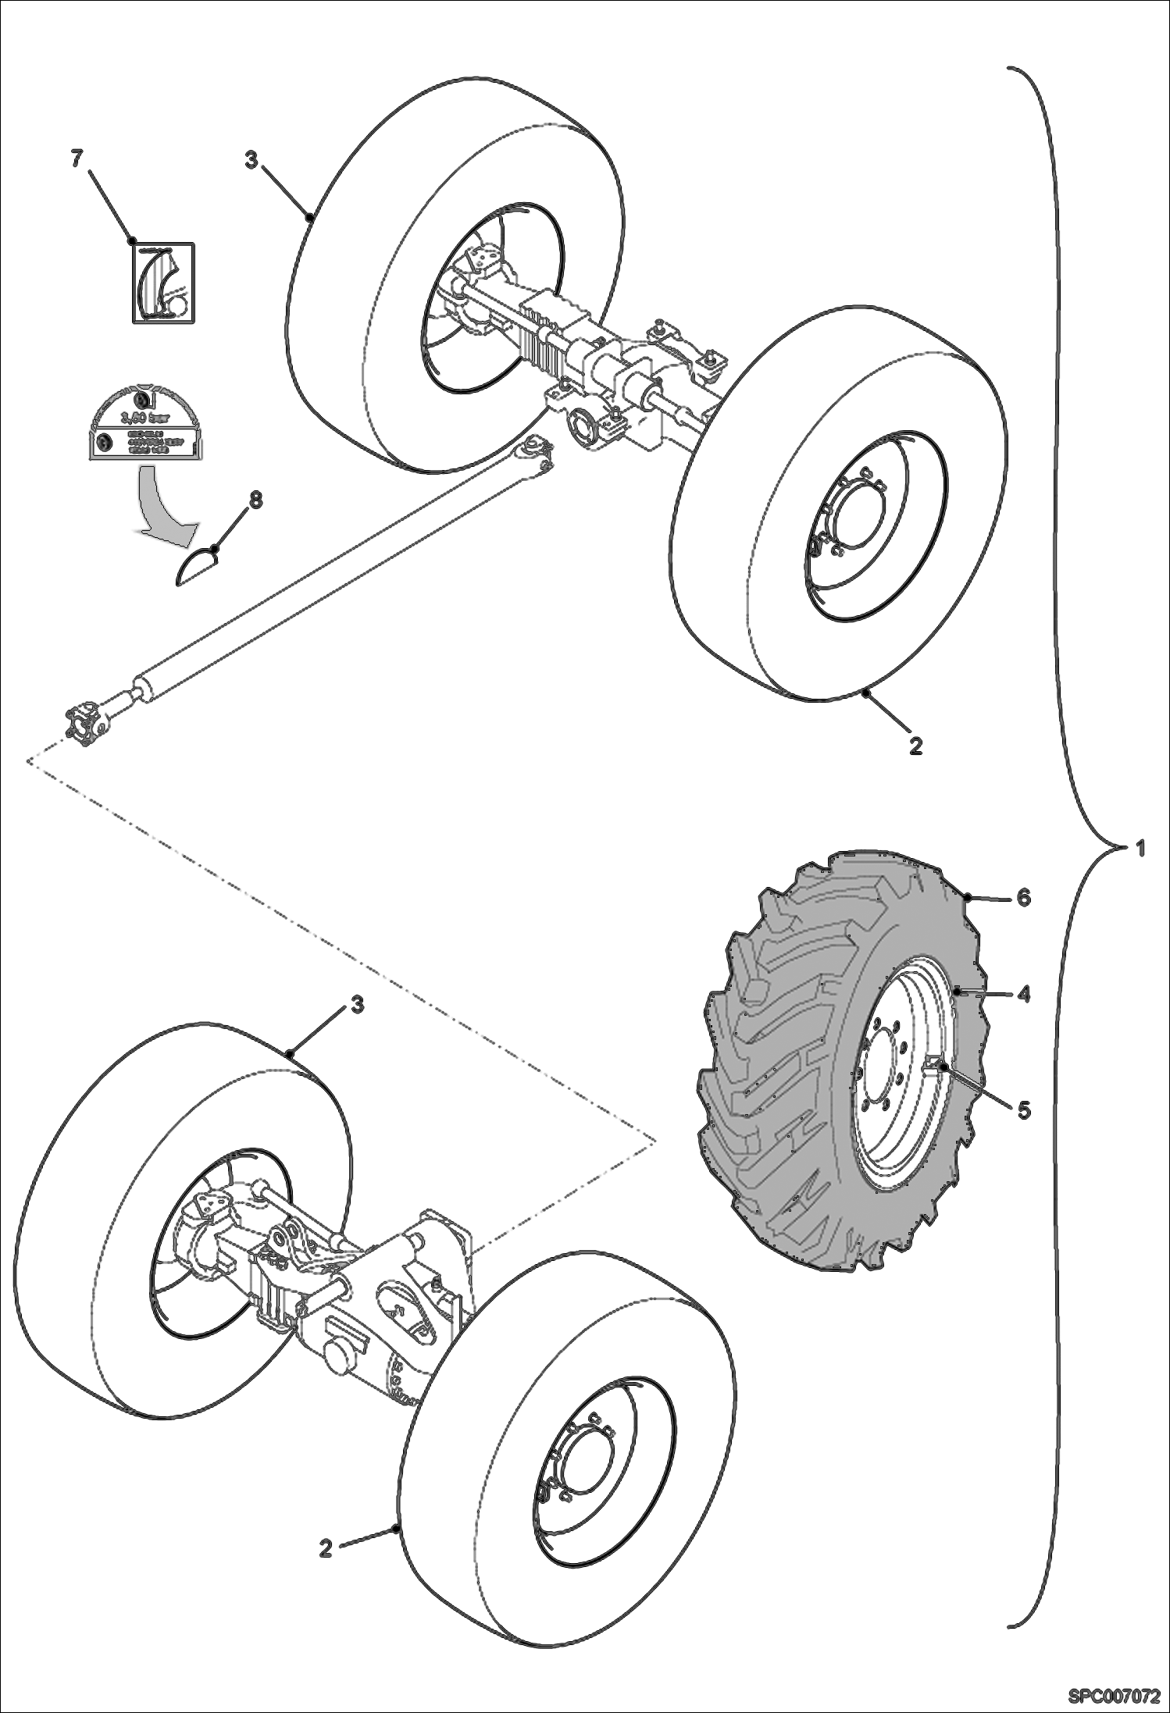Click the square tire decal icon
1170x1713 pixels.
pyautogui.click(x=162, y=282)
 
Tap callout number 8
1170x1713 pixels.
pyautogui.click(x=255, y=500)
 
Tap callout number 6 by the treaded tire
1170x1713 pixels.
pyautogui.click(x=1023, y=898)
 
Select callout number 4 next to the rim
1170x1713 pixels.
pyautogui.click(x=1023, y=995)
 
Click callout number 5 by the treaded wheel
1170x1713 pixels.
pyautogui.click(x=1023, y=1109)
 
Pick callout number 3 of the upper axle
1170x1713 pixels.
pyautogui.click(x=251, y=160)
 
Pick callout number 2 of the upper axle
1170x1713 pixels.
pyautogui.click(x=916, y=746)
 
